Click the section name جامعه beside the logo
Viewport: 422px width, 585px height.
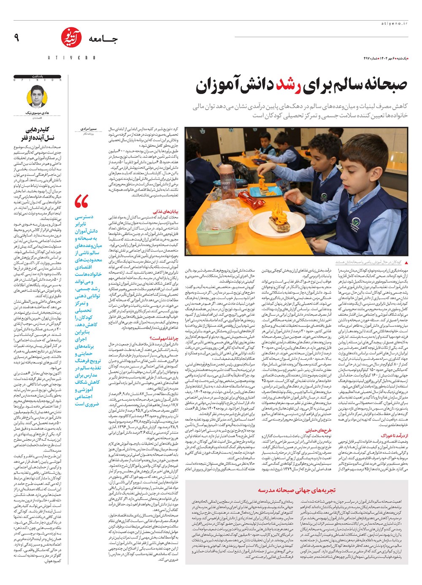tap(103, 40)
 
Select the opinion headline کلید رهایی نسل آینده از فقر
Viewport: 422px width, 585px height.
tap(40, 135)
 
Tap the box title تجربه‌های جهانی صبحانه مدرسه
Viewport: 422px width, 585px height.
tap(303, 491)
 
